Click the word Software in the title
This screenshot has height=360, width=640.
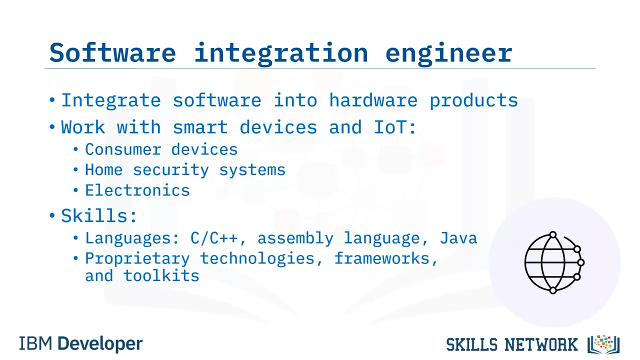click(112, 52)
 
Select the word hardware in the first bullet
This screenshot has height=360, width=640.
click(373, 100)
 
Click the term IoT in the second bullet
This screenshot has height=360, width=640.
click(390, 127)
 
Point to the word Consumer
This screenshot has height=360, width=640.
click(123, 149)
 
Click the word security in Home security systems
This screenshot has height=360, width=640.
click(171, 170)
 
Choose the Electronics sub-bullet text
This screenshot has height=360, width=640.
click(137, 190)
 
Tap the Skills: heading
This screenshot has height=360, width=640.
click(99, 215)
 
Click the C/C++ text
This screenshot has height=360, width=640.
click(214, 238)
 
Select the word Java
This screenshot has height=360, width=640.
click(458, 238)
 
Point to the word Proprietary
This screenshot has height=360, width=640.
click(137, 259)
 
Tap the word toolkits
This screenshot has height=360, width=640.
click(161, 276)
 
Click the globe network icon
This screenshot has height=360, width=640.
click(554, 262)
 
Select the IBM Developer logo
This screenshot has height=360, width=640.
click(81, 343)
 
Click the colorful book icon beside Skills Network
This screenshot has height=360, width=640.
click(603, 344)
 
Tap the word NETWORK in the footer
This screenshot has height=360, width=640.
click(541, 344)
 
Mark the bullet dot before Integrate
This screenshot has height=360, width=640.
click(52, 100)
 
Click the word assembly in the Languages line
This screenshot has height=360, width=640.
click(295, 238)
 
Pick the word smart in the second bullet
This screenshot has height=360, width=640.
click(200, 127)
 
